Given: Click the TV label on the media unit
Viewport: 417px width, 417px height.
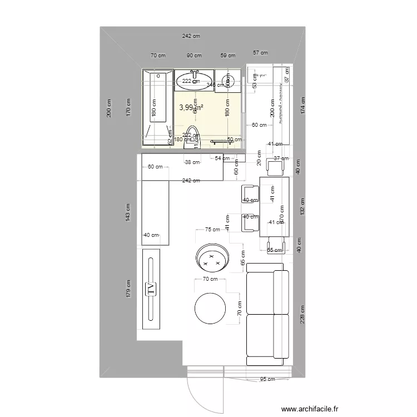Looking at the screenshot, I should [150, 288].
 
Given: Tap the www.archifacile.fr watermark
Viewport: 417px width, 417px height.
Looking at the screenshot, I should [310, 409].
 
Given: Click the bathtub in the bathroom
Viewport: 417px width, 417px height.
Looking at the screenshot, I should [158, 106].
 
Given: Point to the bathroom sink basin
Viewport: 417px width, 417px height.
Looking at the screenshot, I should [195, 82].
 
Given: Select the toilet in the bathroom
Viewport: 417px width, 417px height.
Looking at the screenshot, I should [191, 140].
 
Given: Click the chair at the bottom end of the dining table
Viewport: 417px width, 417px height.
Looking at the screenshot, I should [277, 244].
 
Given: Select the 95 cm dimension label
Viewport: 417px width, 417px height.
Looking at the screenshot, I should [267, 380].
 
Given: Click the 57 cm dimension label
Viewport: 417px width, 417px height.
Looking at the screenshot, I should [260, 53].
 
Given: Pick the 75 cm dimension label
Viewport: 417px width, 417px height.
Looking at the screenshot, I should [212, 229].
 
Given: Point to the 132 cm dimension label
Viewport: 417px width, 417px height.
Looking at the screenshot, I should [302, 208].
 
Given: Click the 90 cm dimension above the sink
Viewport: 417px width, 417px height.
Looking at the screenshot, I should [194, 55].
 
